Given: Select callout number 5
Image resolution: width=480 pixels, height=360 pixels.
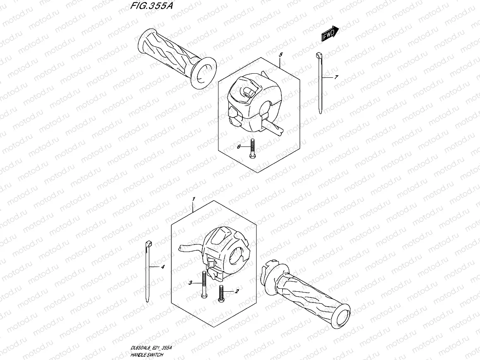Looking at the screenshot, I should pos(280,55).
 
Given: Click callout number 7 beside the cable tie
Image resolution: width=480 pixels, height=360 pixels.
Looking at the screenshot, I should pos(336,77).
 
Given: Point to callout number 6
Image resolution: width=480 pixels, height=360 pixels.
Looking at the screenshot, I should pos(239,146).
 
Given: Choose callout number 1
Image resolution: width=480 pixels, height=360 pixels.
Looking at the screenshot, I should pos(193,199).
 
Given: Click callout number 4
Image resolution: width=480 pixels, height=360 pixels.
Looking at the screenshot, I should pos(163,267).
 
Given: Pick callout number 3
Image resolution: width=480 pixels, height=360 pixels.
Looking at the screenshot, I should pos(190,283).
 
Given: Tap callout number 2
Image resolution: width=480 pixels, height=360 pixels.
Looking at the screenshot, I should pos(237,291).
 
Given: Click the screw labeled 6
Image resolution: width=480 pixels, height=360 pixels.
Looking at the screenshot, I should pos(252,149).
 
